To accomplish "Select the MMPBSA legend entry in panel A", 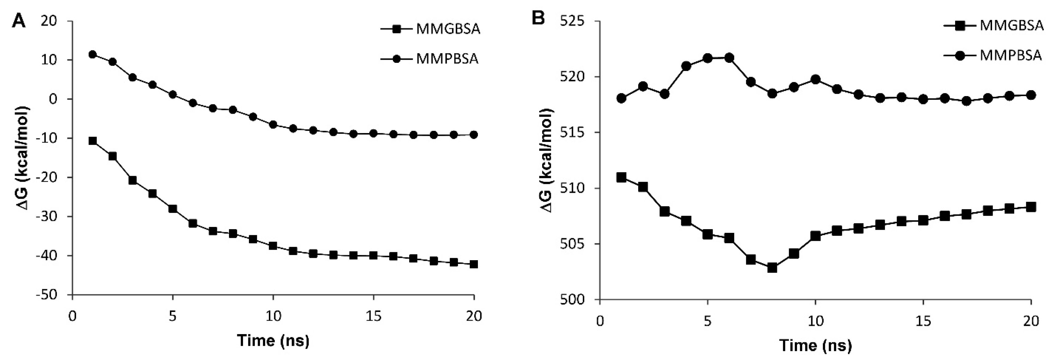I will click(447, 59).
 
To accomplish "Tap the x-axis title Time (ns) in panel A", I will click(273, 340).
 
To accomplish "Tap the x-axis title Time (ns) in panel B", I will click(816, 345).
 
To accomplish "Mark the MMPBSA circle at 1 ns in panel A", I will click(93, 55).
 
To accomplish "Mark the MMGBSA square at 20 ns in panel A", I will click(474, 264).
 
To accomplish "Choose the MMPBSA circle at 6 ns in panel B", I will click(729, 58).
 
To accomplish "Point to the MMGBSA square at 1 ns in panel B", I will click(621, 177).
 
